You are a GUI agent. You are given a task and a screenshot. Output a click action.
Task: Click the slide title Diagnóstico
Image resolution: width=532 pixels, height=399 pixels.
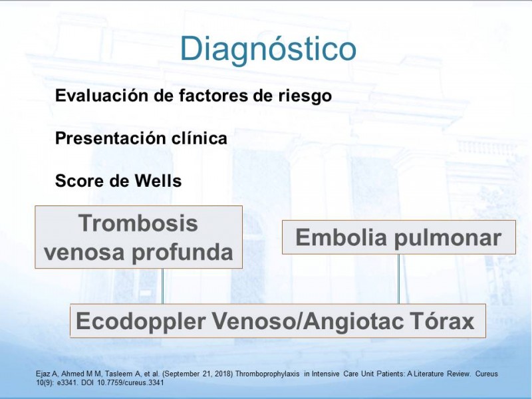point(268,49)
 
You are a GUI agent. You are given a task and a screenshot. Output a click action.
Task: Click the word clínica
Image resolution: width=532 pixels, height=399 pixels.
point(199,138)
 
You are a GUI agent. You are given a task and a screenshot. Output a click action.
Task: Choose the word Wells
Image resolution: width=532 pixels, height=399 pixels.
point(158,180)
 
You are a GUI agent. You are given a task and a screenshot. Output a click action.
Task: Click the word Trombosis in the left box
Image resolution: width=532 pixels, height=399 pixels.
point(138,223)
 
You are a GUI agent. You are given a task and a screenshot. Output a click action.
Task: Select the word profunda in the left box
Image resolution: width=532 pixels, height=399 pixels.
point(182,253)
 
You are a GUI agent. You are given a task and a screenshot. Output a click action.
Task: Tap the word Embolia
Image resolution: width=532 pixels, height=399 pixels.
point(341,237)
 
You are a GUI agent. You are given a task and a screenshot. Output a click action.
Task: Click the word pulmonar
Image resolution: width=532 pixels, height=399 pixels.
point(448,239)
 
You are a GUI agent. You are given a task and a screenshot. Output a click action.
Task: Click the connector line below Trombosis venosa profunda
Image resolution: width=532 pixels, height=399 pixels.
point(162,286)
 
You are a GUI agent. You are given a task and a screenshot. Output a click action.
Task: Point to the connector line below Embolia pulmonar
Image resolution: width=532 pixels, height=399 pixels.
point(398,279)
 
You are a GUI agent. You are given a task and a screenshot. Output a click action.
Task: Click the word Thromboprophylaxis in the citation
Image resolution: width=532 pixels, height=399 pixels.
point(267,374)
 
